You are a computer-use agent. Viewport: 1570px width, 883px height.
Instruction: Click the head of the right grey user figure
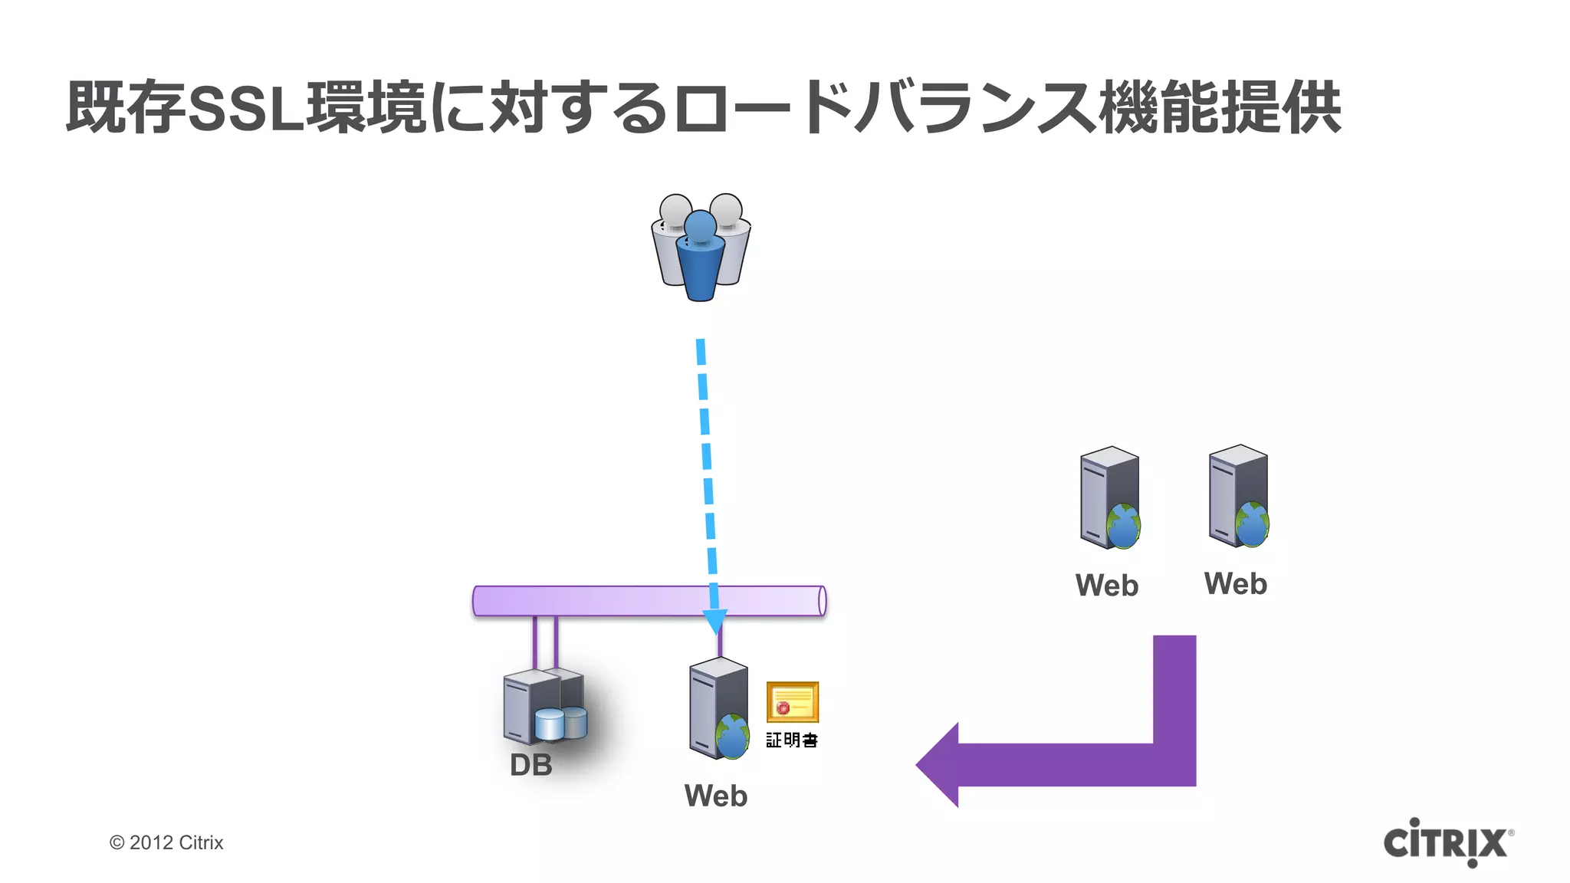click(726, 208)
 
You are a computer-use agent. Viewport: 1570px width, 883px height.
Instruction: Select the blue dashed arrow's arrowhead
click(714, 620)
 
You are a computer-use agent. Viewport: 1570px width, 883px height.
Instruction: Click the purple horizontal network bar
click(613, 601)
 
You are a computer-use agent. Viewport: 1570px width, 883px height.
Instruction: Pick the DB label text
click(531, 765)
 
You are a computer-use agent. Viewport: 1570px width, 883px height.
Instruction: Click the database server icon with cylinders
click(544, 707)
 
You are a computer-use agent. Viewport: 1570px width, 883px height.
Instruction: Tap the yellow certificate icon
click(793, 702)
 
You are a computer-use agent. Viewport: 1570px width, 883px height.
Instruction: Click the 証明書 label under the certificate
click(792, 740)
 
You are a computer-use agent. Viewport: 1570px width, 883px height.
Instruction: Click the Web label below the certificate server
click(715, 796)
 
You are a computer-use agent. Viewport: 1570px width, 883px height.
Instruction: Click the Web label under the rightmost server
click(1236, 584)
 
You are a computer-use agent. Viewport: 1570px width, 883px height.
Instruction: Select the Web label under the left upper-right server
click(1107, 586)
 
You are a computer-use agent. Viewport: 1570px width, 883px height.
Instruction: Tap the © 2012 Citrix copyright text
click(166, 842)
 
